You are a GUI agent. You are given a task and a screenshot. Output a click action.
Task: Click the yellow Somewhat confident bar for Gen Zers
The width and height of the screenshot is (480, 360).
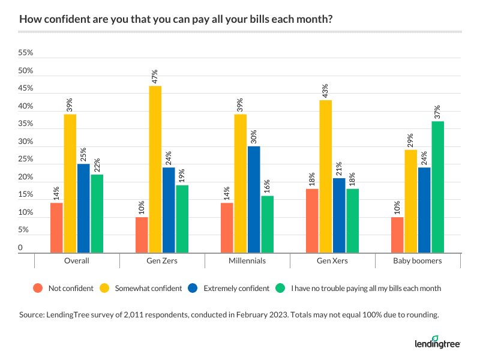155,170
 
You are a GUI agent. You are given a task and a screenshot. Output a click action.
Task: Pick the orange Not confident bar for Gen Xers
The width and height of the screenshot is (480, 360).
312,221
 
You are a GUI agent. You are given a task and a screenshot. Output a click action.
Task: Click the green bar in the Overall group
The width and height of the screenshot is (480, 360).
97,214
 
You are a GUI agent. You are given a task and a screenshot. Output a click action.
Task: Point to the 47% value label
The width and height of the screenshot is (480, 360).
155,76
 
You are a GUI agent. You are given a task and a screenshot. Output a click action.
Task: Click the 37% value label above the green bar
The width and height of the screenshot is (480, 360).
437,112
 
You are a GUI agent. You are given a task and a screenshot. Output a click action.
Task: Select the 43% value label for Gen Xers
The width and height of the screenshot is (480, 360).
326,91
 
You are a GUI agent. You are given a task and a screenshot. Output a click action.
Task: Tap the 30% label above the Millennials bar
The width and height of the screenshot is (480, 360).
254,137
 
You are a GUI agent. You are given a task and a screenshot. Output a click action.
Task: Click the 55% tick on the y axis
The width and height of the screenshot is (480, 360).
26,53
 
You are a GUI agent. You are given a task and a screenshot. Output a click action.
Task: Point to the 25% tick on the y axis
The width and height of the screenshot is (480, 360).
26,160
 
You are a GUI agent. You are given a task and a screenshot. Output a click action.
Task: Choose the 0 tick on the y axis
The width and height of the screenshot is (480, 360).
20,248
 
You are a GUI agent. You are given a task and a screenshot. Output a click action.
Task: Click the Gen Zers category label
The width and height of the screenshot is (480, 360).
162,261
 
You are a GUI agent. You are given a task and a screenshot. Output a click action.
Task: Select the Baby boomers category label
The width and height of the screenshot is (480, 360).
418,261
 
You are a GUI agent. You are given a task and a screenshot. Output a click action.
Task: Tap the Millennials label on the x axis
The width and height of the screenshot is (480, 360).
247,261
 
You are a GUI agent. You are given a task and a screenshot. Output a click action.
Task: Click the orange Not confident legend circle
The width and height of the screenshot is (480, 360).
39,288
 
